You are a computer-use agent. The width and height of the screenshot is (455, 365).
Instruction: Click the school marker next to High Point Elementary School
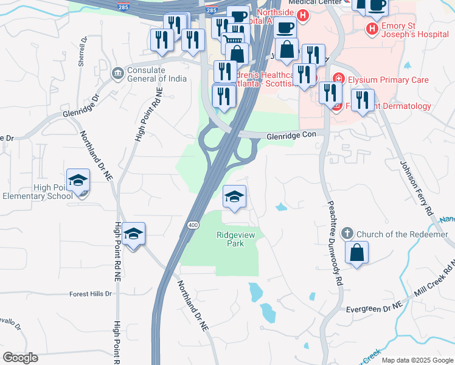[78, 181]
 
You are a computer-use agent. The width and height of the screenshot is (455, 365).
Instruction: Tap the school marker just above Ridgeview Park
[234, 197]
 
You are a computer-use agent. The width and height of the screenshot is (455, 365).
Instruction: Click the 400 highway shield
[193, 225]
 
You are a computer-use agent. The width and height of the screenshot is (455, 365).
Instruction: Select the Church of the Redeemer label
[401, 234]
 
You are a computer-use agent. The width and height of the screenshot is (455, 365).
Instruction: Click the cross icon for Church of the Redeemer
[347, 234]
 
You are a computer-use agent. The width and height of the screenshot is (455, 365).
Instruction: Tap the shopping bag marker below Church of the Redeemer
[357, 252]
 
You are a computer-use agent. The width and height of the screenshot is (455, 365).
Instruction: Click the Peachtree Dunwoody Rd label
[335, 245]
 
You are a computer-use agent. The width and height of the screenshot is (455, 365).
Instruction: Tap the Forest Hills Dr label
[91, 293]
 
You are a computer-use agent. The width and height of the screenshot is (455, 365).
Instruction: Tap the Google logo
[20, 358]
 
